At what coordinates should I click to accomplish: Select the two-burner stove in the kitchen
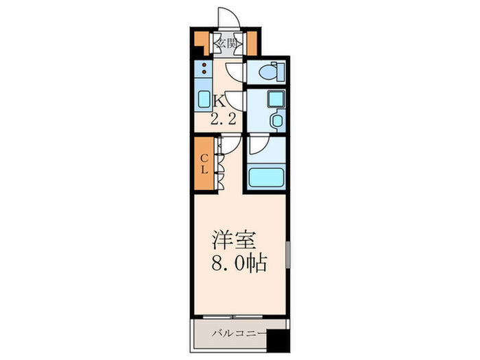(204, 67)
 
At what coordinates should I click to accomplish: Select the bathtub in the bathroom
(266, 178)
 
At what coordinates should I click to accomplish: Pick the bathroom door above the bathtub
(258, 145)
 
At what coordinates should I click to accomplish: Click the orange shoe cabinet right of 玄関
(251, 43)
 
